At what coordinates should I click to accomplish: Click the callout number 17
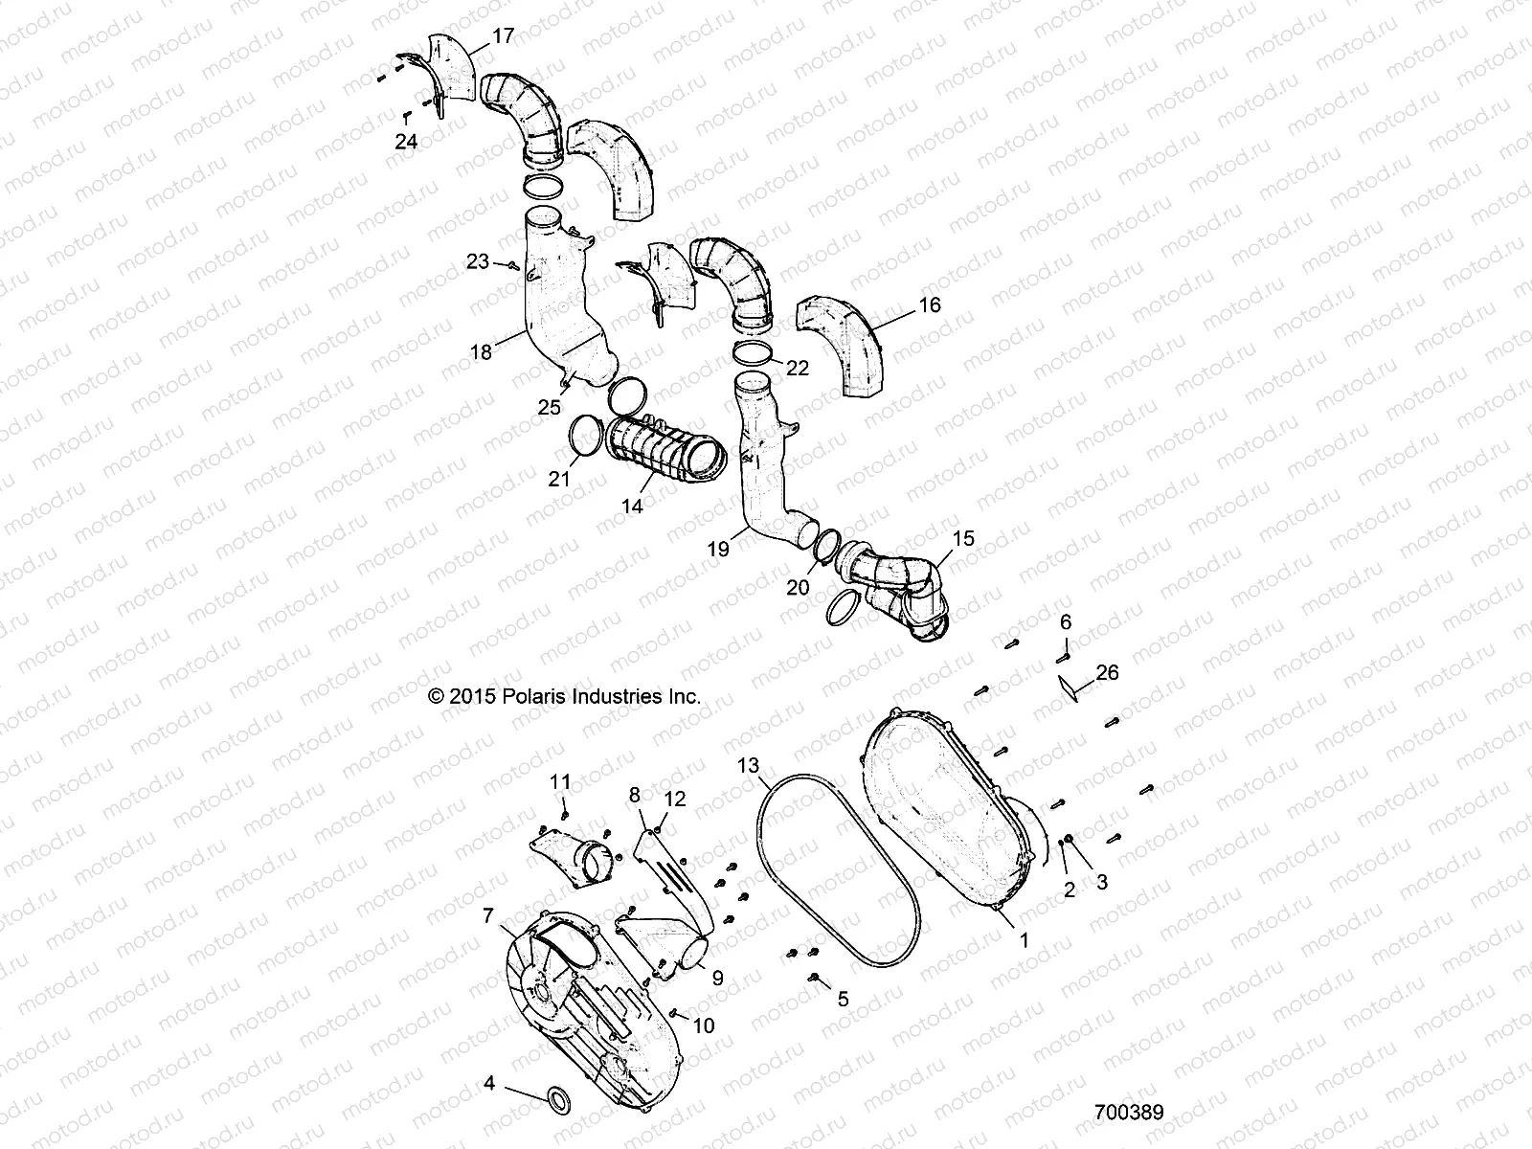504,36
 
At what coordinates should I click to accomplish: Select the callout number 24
406,142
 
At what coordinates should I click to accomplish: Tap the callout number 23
478,261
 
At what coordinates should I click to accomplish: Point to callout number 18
481,352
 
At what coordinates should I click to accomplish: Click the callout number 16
930,305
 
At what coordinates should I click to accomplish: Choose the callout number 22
797,368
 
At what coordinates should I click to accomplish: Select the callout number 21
559,478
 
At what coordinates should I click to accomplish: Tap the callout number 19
719,549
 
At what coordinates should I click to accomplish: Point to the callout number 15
964,538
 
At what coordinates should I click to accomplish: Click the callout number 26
1107,673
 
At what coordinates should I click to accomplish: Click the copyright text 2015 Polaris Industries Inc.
565,697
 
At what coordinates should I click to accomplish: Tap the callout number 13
749,764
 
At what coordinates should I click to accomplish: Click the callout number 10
704,1026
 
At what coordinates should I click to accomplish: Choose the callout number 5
843,1000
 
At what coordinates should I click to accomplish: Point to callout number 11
560,782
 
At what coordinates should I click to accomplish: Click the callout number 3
1102,883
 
